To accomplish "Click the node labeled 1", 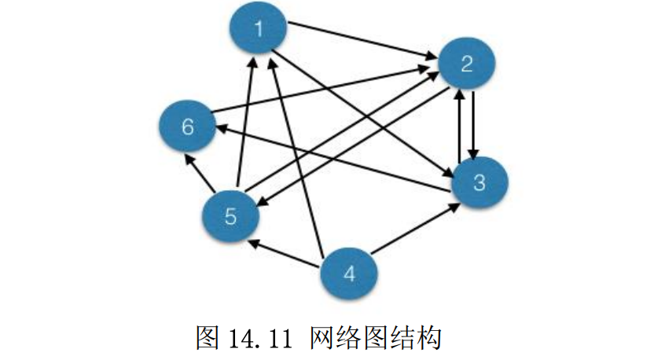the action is pyautogui.click(x=259, y=28).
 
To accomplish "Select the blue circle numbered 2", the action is pyautogui.click(x=467, y=64).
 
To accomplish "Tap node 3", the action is pyautogui.click(x=479, y=182).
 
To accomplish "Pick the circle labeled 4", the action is pyautogui.click(x=350, y=274).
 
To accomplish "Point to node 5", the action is pyautogui.click(x=230, y=216).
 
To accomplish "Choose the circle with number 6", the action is pyautogui.click(x=188, y=127).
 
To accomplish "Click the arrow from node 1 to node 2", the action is pyautogui.click(x=362, y=39).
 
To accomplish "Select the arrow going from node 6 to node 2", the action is pyautogui.click(x=320, y=90).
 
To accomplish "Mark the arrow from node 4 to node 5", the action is pyautogui.click(x=284, y=253).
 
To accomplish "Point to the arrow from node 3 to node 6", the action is pyautogui.click(x=333, y=159).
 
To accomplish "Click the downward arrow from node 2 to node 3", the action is pyautogui.click(x=472, y=125).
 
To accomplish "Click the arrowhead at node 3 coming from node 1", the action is pyautogui.click(x=448, y=173).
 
